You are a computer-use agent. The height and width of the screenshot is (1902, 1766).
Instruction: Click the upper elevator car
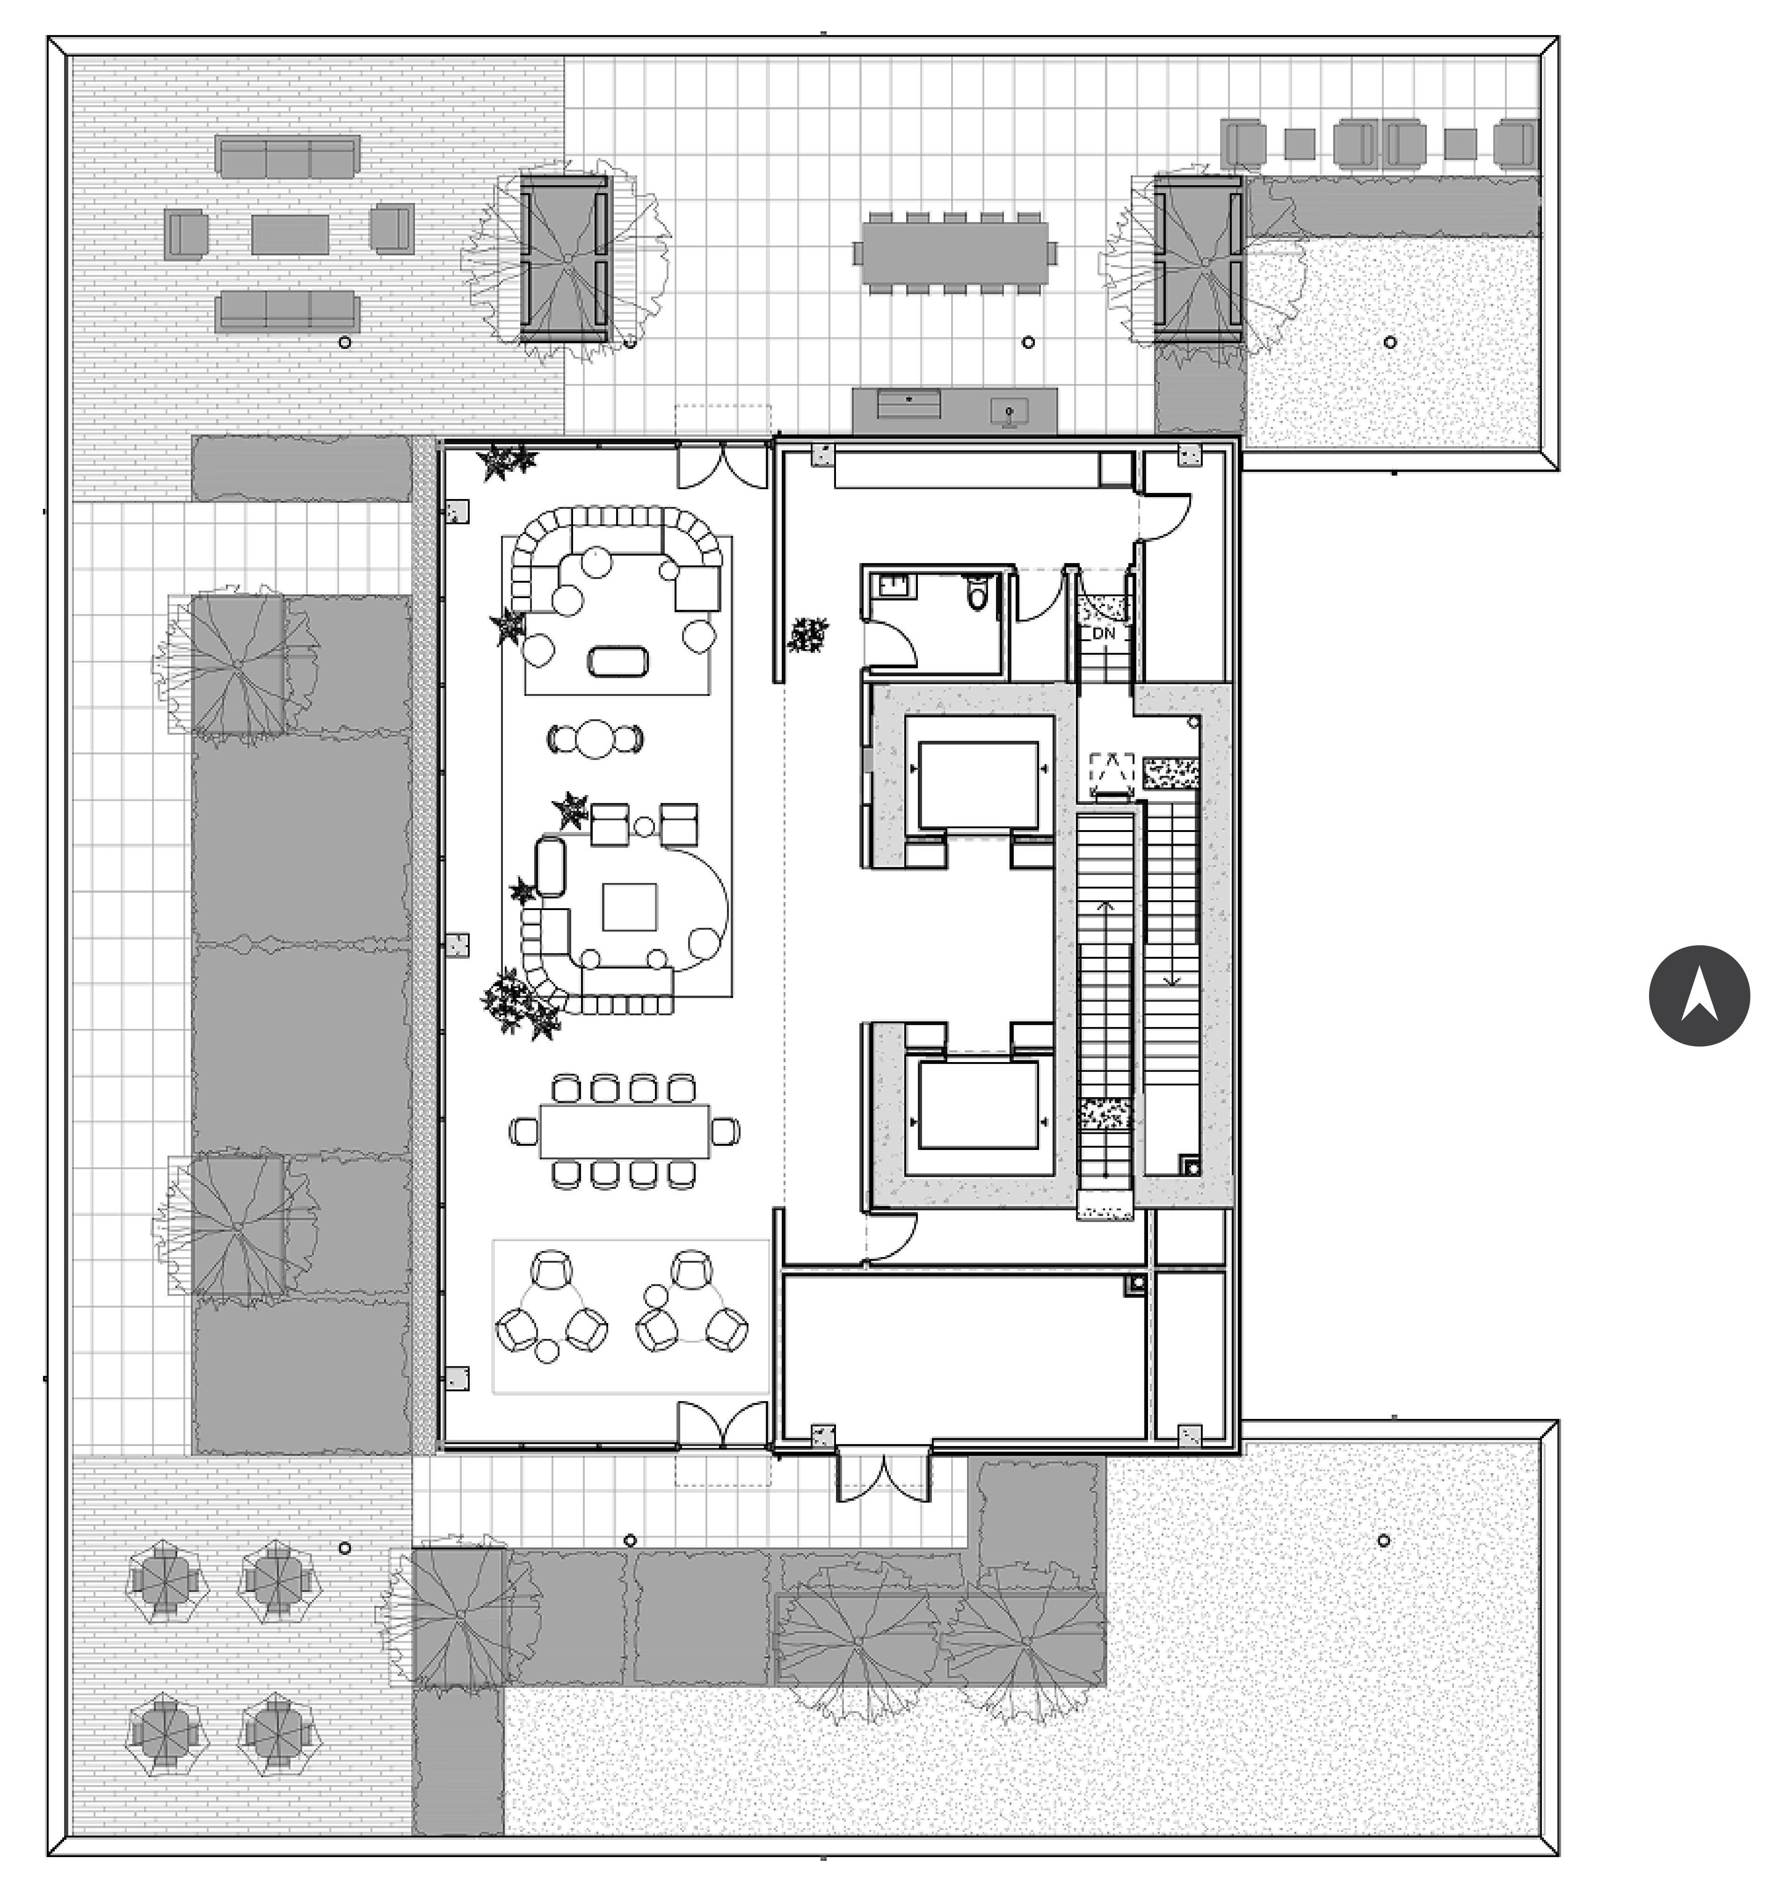click(979, 785)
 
